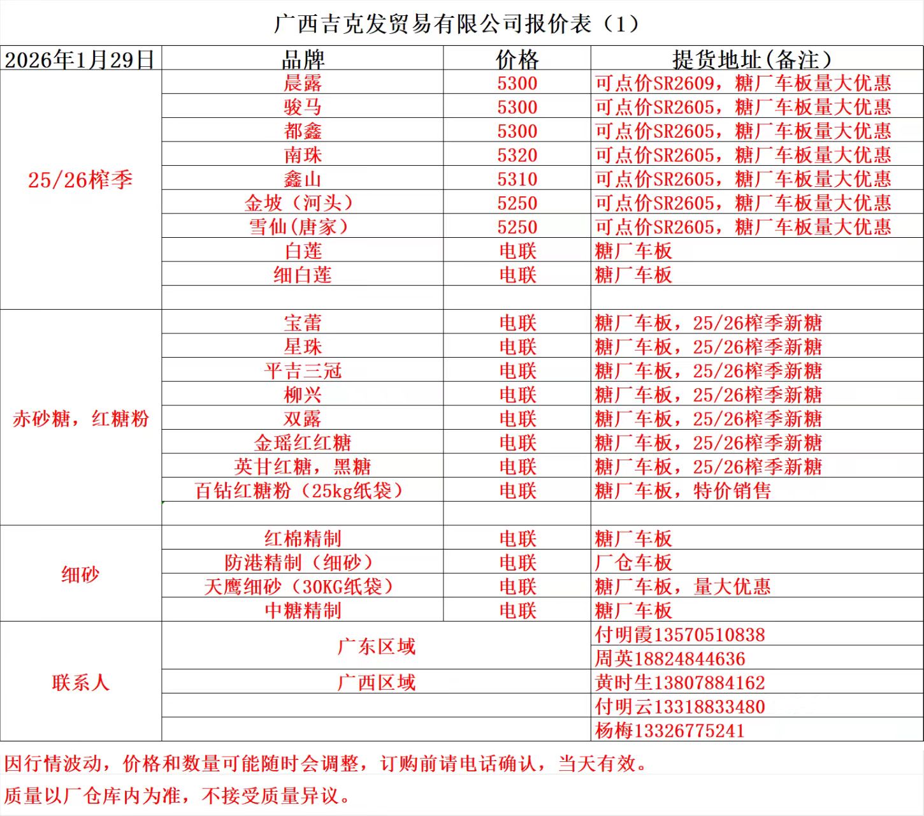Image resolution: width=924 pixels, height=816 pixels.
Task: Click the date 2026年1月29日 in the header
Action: click(x=80, y=59)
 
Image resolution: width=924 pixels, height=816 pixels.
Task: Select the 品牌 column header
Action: click(x=303, y=59)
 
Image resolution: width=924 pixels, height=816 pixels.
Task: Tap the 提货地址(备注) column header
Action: click(x=752, y=59)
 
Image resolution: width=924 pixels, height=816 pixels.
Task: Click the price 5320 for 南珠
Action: click(x=517, y=155)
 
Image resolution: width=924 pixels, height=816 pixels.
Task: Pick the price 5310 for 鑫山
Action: click(x=517, y=179)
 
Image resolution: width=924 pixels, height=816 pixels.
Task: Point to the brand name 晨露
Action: click(x=303, y=83)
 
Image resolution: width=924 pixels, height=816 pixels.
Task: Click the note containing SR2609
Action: click(x=742, y=83)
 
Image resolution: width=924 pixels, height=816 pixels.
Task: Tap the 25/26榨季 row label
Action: click(x=80, y=180)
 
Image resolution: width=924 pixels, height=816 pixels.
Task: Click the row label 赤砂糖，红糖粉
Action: click(x=80, y=419)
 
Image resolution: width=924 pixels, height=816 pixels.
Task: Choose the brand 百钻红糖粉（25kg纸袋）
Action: click(x=300, y=490)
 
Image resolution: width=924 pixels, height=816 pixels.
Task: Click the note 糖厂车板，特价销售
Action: click(x=682, y=490)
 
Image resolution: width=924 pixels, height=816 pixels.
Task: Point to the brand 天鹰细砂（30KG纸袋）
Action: click(x=300, y=586)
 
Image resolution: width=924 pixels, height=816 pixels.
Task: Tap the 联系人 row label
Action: click(x=80, y=683)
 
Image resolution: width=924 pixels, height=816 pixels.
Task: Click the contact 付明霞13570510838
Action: click(x=679, y=634)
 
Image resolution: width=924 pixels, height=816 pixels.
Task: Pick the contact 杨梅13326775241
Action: click(x=669, y=731)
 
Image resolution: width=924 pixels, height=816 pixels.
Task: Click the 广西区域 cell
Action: click(x=376, y=683)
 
